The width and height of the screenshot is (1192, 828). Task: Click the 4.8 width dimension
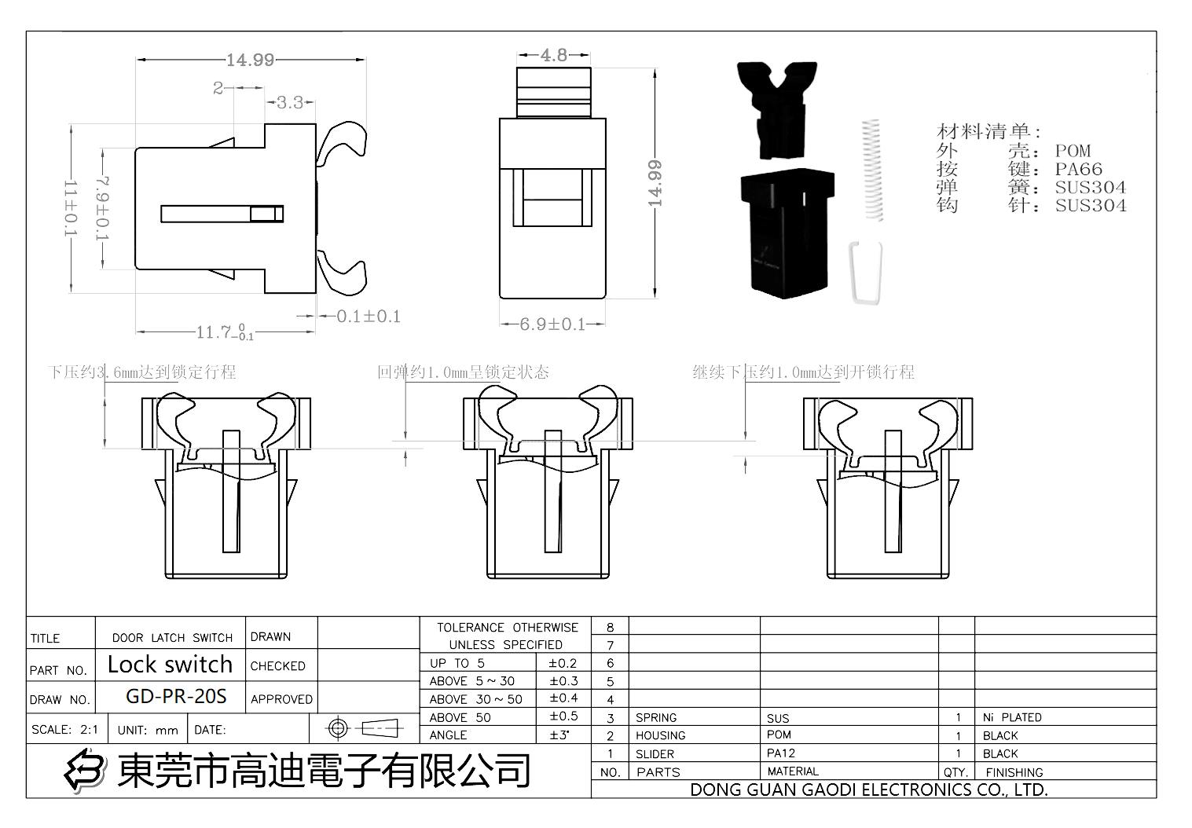pos(553,55)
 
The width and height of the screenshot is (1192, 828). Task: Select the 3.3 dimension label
pos(289,102)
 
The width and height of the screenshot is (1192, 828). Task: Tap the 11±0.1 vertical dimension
pos(71,208)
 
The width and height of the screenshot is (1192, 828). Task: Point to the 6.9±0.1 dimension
pos(552,324)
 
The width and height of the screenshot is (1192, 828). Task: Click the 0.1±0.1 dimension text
pos(369,316)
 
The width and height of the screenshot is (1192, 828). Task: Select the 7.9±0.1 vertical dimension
pos(103,208)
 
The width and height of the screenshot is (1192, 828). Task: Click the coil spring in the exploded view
pos(871,170)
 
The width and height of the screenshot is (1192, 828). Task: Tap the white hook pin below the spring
pos(866,272)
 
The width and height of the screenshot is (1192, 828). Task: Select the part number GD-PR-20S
pos(176,696)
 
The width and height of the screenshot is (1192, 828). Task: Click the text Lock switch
pos(170,665)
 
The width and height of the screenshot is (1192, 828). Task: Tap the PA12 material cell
pos(781,753)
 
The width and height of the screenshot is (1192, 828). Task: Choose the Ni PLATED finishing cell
pos(1012,717)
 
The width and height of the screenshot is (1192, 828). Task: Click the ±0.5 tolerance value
pos(563,716)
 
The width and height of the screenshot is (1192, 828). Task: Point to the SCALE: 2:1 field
pos(65,729)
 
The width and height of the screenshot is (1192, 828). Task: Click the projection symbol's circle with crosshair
pos(338,728)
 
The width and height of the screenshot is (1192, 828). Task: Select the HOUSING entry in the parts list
pos(660,735)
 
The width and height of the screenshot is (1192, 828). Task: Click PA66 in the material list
pos(1078,169)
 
